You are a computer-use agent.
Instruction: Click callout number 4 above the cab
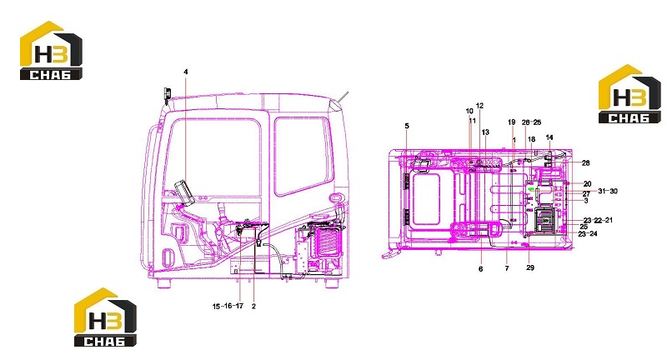(185, 72)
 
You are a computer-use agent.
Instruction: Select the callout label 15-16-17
(228, 306)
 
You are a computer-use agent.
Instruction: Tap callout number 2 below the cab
(253, 306)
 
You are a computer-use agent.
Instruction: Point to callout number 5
(407, 126)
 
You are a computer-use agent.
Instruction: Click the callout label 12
(480, 106)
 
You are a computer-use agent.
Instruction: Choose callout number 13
(485, 132)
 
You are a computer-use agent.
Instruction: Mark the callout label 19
(512, 122)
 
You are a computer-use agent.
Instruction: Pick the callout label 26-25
(531, 122)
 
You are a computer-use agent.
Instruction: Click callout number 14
(549, 137)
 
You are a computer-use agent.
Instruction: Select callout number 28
(586, 163)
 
